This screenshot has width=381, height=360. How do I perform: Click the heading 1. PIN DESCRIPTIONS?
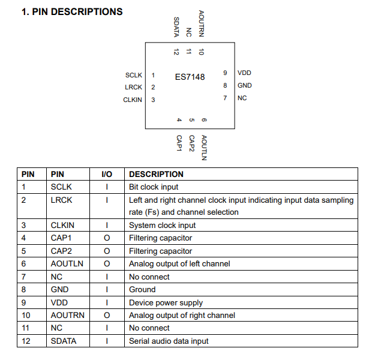click(72, 11)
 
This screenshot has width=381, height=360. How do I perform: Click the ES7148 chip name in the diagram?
click(190, 77)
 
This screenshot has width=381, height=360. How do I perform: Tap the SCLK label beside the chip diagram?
click(134, 76)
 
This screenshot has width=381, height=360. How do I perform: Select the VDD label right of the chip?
click(244, 73)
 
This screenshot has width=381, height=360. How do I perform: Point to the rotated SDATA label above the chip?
click(176, 27)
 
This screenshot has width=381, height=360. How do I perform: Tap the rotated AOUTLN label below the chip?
click(204, 147)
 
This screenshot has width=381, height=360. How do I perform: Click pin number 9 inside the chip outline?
click(225, 73)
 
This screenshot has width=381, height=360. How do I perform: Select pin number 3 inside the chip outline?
click(153, 100)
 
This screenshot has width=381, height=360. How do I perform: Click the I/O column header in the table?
click(107, 174)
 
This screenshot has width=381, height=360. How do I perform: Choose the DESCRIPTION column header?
click(157, 174)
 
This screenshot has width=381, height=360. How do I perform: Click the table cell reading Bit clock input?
click(154, 187)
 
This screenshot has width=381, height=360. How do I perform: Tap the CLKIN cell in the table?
click(64, 226)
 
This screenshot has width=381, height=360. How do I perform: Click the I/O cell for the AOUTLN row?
click(107, 264)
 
